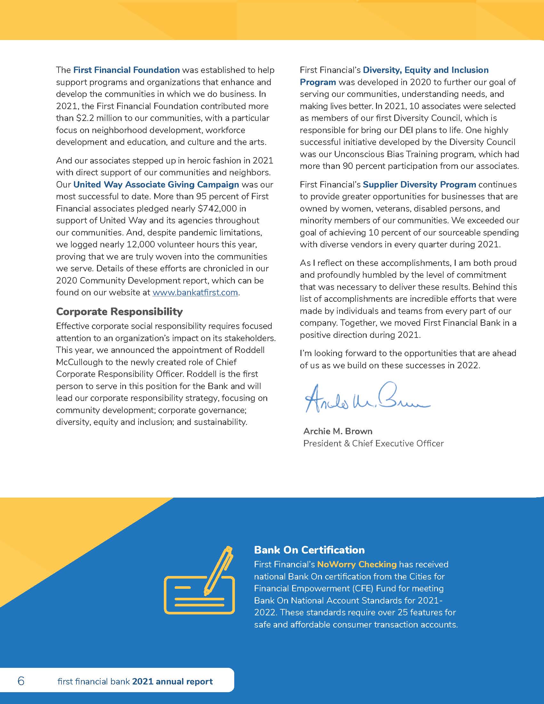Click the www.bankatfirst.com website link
point(195,293)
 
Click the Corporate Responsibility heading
point(119,311)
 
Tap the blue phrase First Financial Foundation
point(126,70)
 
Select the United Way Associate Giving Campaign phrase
point(156,184)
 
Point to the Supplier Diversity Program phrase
point(419,184)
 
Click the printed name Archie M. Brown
point(338,431)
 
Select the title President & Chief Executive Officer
point(373,443)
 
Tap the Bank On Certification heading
point(309,549)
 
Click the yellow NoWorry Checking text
point(357,564)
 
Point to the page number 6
point(21,681)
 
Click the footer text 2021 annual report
point(172,681)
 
